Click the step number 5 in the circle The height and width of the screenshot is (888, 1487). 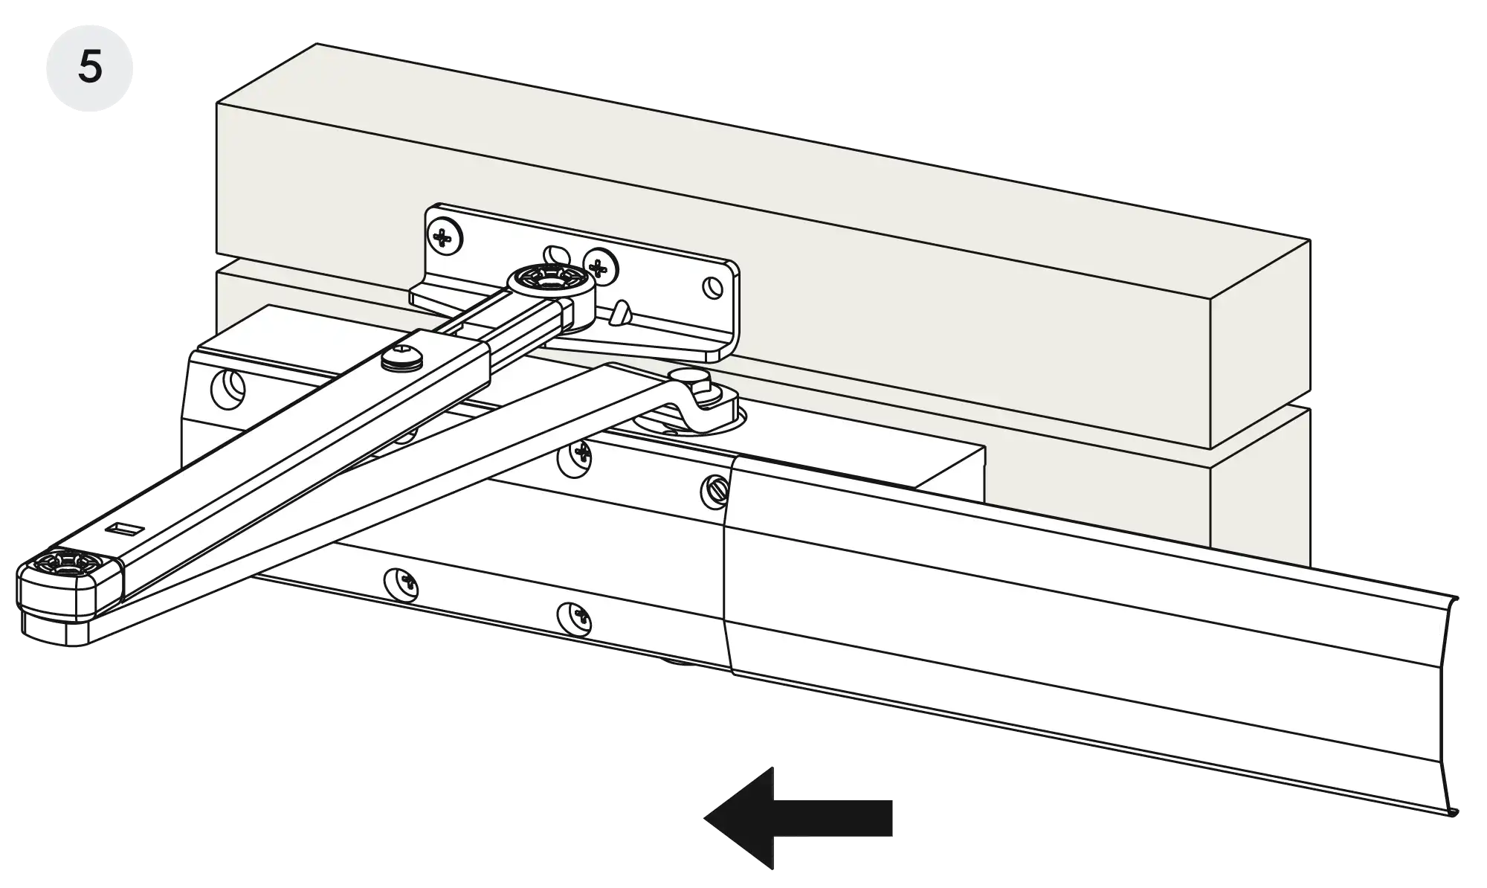point(90,68)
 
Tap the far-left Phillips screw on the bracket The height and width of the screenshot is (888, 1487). point(444,238)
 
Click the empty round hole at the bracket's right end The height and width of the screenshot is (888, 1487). point(713,286)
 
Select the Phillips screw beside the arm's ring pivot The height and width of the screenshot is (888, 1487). point(601,265)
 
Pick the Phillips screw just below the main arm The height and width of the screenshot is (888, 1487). point(576,454)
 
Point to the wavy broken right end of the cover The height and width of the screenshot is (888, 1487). point(1446,707)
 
